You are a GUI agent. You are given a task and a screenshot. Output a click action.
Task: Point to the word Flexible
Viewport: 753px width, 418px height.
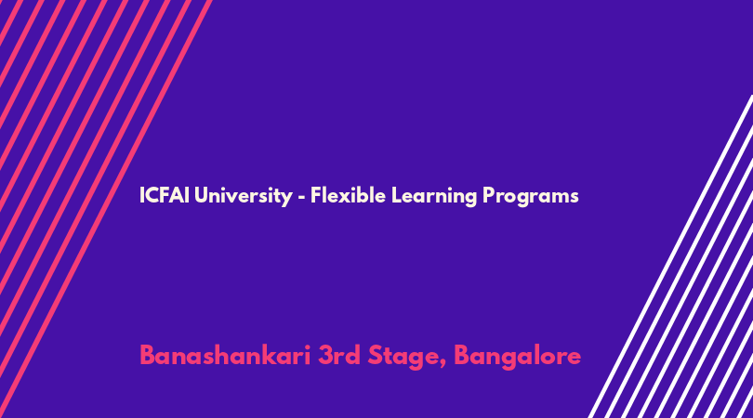(348, 195)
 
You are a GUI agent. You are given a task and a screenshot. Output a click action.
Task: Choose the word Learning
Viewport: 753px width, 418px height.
(434, 196)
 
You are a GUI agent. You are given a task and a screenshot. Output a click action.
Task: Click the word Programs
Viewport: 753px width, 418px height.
(531, 196)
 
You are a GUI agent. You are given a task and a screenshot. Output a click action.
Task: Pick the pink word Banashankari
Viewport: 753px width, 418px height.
(225, 355)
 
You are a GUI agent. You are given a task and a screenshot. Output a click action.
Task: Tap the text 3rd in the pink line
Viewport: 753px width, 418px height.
(338, 355)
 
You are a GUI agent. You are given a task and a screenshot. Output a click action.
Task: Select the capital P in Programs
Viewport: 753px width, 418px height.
(489, 195)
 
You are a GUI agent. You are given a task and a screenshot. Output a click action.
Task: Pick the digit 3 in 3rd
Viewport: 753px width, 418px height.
(326, 356)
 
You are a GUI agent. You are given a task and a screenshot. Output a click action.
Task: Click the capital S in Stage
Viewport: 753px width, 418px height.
(376, 356)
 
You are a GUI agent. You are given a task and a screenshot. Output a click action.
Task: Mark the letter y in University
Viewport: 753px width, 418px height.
(286, 200)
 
